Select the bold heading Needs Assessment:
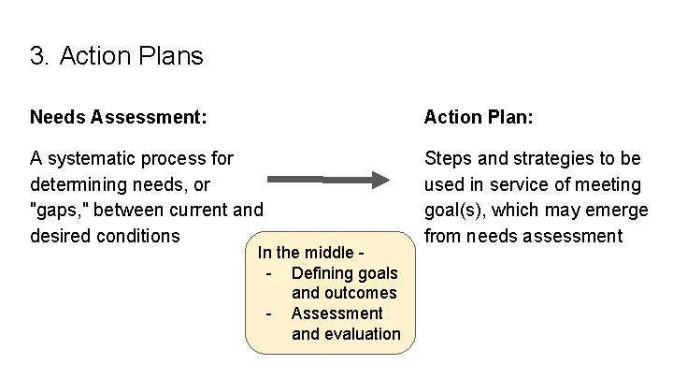pos(118,117)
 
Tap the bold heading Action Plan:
pos(478,117)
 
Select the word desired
pos(61,236)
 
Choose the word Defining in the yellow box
pos(322,273)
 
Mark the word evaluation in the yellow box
pos(346,334)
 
